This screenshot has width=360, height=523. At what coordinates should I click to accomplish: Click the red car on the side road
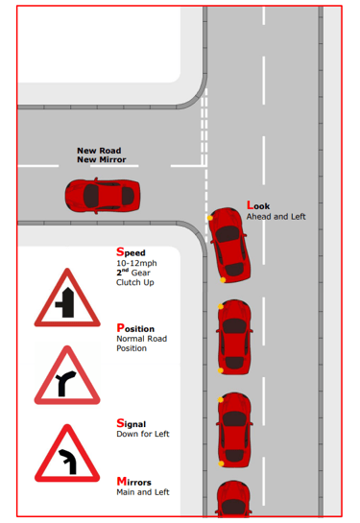coord(103,196)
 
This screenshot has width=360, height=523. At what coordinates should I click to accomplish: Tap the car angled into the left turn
coord(229,245)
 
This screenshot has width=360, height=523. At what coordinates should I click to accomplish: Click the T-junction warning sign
coord(67,297)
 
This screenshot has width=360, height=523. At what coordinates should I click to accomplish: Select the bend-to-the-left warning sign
coord(67,453)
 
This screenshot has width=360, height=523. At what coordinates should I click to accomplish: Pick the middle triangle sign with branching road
coord(67,375)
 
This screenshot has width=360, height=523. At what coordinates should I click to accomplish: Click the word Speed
coord(131,251)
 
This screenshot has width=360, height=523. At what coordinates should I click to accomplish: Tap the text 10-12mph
coord(136,263)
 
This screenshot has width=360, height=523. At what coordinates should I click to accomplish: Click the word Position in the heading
coord(135,328)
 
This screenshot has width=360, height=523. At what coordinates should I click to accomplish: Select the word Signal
coord(132,423)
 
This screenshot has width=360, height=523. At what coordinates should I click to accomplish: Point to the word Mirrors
coord(133,482)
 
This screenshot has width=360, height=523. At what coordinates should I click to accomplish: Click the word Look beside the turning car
coord(258,205)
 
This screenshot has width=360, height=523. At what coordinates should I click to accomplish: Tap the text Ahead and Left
coord(276,217)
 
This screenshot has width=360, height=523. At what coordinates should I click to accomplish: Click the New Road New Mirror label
coord(102,155)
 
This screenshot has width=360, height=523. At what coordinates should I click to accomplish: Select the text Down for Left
coord(143,434)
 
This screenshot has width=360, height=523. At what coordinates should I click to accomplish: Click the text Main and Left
coord(143,492)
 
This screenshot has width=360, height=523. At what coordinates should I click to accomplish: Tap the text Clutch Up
coord(135,282)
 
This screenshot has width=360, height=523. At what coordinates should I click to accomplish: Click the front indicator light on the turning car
coord(210,218)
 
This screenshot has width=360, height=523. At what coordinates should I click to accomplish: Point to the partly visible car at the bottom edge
coord(233,498)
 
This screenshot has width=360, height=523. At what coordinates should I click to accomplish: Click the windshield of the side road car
coord(91,196)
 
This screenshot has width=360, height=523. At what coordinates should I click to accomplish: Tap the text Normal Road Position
coord(141,344)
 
